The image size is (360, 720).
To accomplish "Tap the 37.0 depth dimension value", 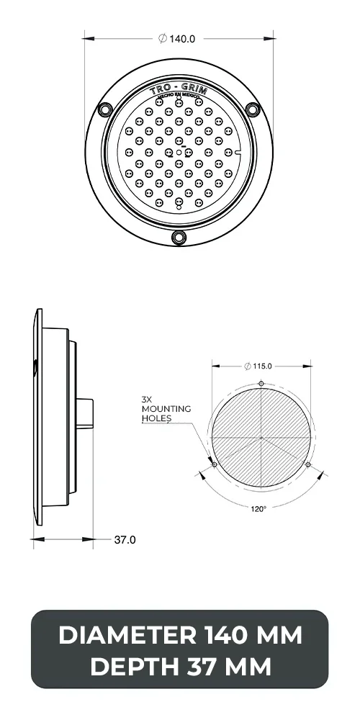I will click(125, 539).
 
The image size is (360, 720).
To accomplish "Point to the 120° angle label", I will click(258, 508).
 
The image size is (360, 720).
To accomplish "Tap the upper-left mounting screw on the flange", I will click(105, 109).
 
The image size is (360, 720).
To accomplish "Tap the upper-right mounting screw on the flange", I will click(252, 109).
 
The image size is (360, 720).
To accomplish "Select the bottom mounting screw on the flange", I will click(179, 237).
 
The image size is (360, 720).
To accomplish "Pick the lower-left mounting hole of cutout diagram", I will click(215, 464).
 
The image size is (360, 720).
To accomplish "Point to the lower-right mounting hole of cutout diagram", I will click(308, 464).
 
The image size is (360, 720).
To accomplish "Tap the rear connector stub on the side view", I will click(85, 413).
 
